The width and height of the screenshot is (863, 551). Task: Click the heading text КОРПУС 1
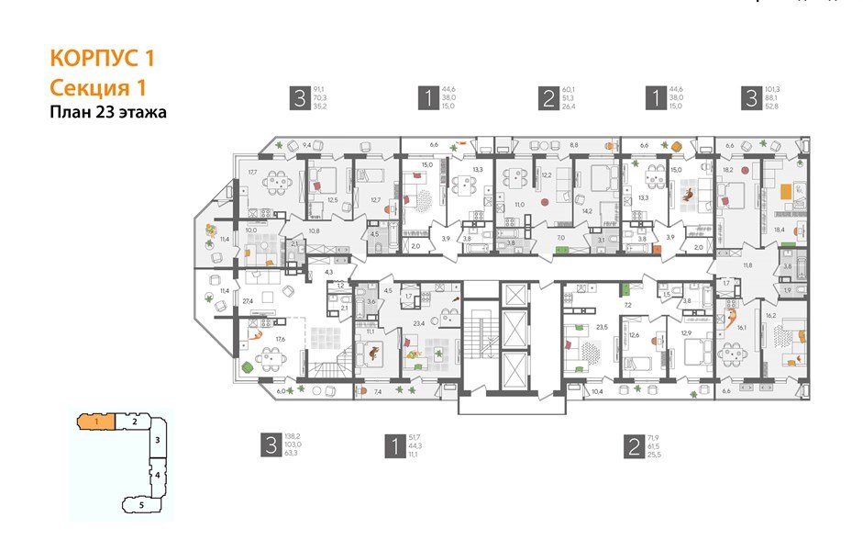pos(102,59)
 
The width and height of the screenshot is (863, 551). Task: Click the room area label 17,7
pos(253,172)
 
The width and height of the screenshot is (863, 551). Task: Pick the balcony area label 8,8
pos(548,144)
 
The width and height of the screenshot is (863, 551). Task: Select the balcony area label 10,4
pos(598,392)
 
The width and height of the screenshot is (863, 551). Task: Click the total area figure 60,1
pos(570,90)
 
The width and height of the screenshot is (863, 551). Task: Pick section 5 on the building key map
pos(141,504)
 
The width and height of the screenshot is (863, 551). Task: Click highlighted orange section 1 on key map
pos(95,422)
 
